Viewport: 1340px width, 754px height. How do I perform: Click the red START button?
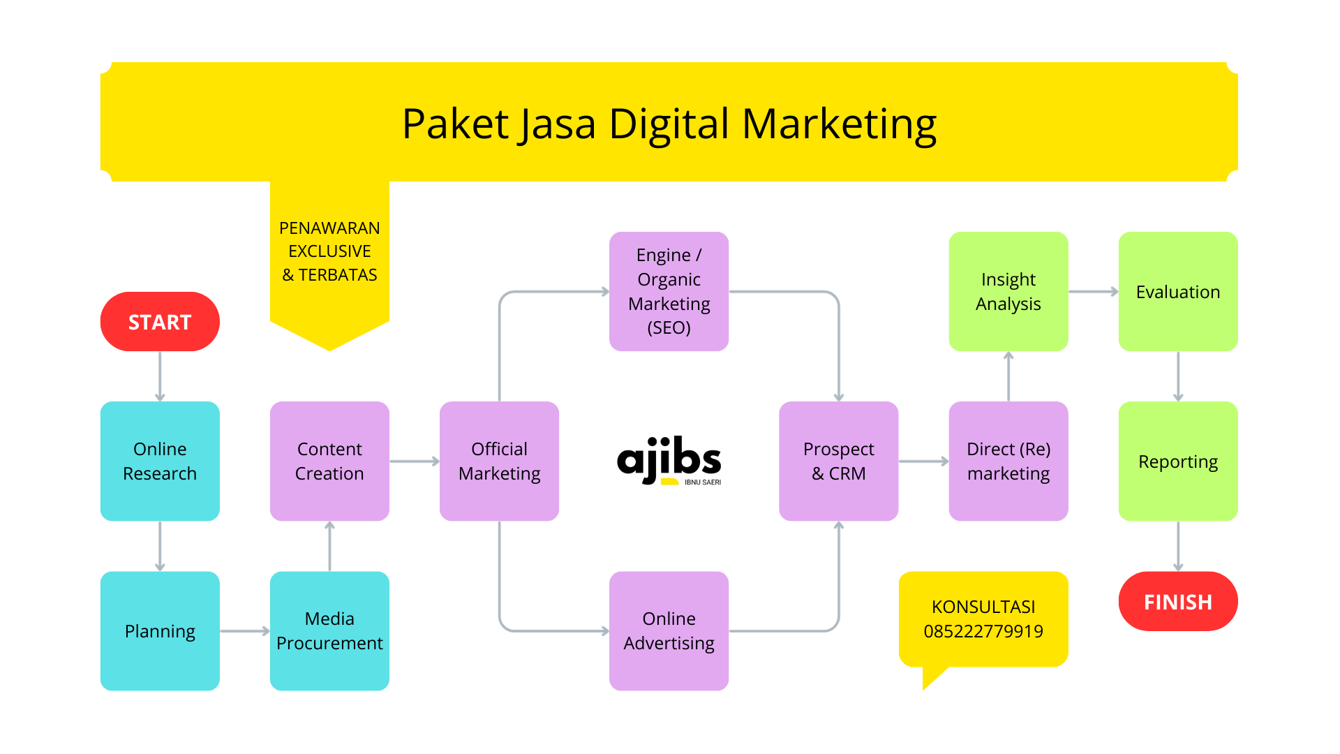point(160,322)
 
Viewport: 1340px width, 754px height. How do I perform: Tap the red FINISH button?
point(1177,602)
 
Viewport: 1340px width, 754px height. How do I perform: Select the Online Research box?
point(160,461)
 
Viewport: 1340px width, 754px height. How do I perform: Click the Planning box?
point(160,631)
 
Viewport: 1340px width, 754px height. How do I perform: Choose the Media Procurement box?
point(329,631)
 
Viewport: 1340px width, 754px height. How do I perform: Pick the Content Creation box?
point(329,461)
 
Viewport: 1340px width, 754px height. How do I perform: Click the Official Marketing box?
point(499,461)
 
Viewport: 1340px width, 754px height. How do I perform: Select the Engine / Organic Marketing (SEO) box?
point(669,291)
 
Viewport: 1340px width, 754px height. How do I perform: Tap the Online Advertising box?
point(669,631)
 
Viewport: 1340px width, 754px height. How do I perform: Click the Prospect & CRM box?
point(838,461)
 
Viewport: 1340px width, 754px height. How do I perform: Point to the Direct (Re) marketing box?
point(1008,461)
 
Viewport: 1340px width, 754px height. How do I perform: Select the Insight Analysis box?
point(1008,291)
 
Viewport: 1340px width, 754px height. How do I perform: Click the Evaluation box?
point(1177,291)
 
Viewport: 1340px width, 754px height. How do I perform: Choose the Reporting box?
point(1177,461)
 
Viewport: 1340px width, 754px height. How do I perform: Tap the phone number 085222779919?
point(983,631)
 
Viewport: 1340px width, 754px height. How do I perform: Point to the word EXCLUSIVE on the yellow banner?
point(329,251)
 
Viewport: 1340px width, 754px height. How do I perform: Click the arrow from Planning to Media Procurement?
point(244,631)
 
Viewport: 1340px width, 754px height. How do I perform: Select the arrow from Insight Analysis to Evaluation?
point(1093,292)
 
